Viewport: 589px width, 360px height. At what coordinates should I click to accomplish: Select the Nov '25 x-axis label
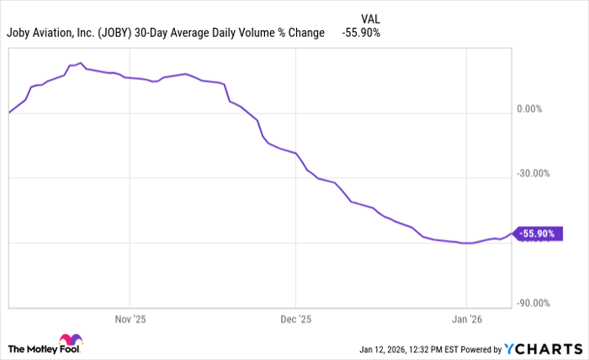point(130,320)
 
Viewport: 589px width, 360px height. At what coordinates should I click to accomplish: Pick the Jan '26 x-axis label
point(466,320)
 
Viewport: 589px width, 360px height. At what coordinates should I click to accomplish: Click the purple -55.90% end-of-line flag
point(537,234)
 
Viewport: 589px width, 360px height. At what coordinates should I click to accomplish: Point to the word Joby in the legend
point(20,33)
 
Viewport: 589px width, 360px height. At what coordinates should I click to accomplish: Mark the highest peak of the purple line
point(80,63)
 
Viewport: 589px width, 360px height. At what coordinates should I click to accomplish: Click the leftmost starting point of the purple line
point(8,112)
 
